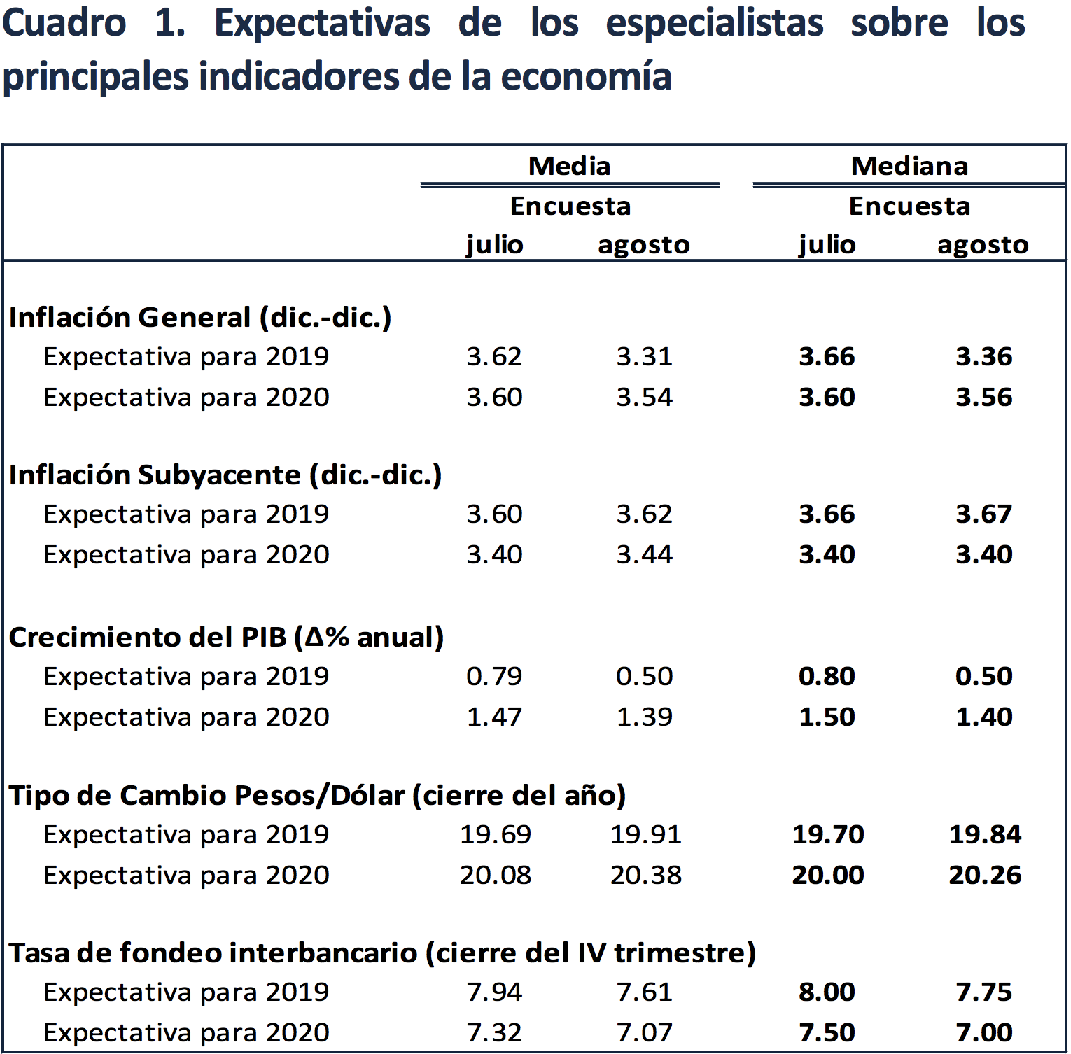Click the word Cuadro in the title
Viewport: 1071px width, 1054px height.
[x=64, y=23]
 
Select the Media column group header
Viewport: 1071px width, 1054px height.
[x=569, y=167]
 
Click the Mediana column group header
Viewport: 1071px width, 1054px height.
[x=909, y=167]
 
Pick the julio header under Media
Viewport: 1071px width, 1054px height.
[x=495, y=245]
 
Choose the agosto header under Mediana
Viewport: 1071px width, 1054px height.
[x=983, y=245]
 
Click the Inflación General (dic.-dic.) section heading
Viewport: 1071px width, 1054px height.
[x=200, y=318]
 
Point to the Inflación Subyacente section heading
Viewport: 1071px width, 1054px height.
[x=225, y=475]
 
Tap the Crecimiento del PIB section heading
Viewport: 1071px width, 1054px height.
[x=226, y=638]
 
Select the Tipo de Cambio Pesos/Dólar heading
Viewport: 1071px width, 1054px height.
[x=317, y=796]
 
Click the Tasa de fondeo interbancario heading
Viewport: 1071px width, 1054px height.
[x=382, y=953]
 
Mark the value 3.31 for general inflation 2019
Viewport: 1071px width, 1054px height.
[x=644, y=357]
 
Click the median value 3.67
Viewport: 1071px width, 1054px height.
[x=983, y=514]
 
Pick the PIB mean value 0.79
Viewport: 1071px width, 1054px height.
[x=494, y=677]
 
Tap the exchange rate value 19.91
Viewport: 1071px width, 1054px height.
[x=645, y=835]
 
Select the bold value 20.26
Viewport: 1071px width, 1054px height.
[x=985, y=876]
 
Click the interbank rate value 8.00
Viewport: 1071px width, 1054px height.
[x=827, y=992]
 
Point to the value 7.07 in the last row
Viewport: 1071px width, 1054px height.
[x=644, y=1033]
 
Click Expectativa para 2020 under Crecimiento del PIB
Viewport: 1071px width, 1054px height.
[x=186, y=717]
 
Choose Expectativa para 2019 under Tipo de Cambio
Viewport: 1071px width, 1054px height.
[x=186, y=835]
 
